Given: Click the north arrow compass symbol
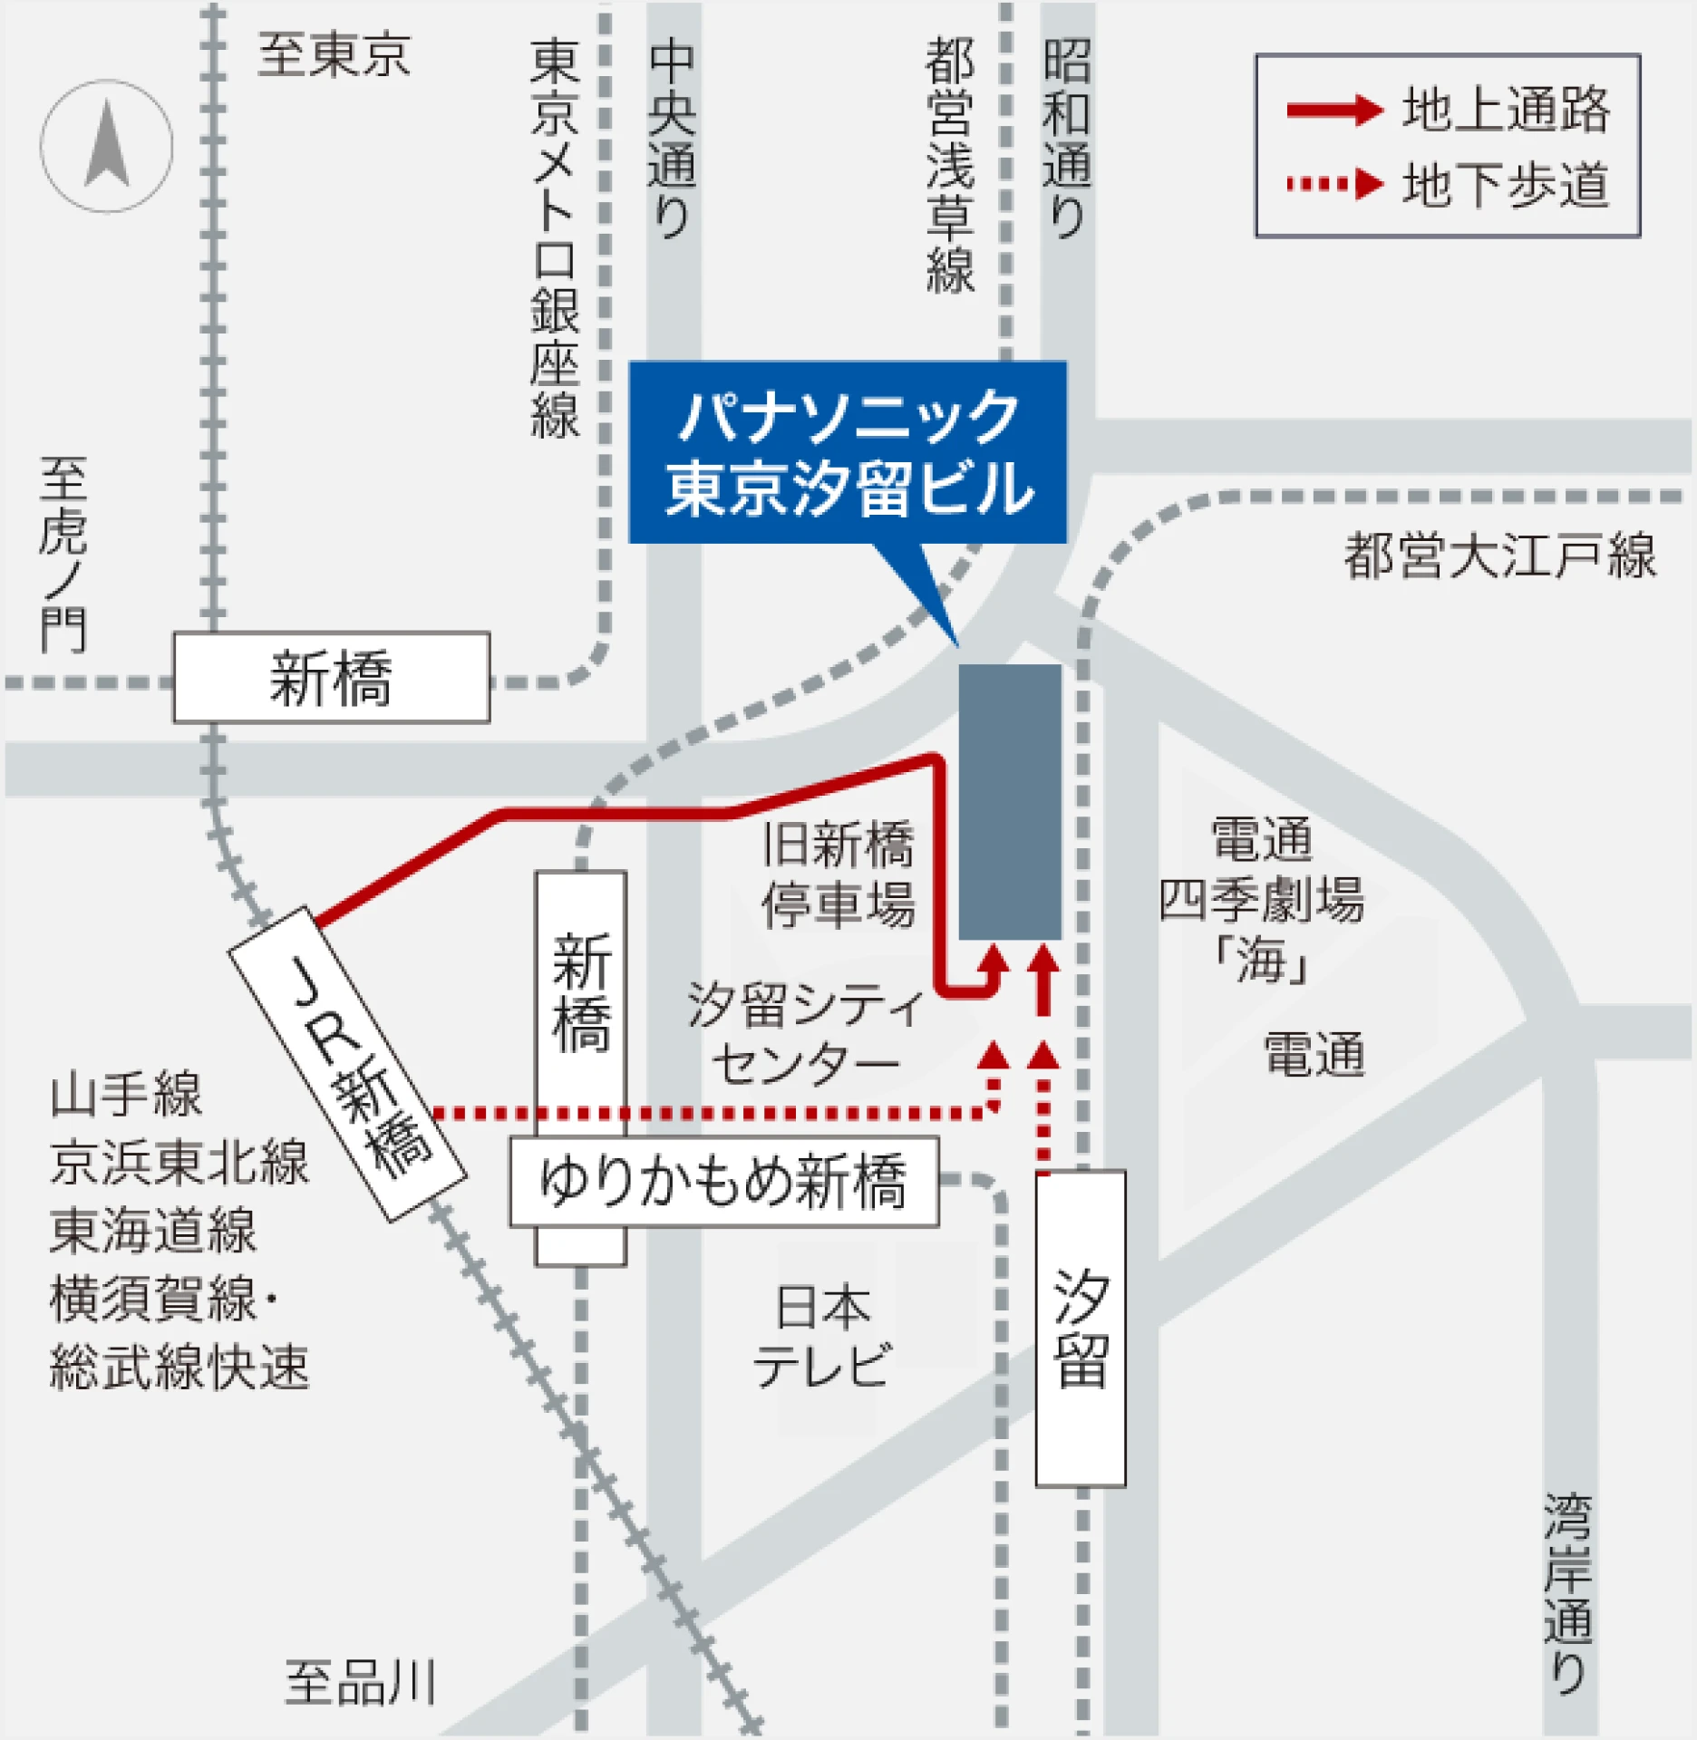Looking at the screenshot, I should [106, 146].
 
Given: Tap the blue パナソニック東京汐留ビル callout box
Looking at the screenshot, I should [848, 452].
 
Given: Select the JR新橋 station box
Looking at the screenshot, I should [347, 1064].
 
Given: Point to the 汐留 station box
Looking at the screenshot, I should [1081, 1329].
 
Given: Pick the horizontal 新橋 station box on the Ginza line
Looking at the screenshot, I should [332, 678].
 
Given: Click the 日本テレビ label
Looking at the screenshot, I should [822, 1336].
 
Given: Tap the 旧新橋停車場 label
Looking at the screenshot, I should [838, 874].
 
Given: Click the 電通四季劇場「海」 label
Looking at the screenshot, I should [1261, 899].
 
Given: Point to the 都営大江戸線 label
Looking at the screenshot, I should [1499, 556].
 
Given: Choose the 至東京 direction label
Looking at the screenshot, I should [334, 54].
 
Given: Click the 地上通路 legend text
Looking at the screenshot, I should [1505, 110].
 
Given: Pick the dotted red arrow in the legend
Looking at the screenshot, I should [1334, 185].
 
